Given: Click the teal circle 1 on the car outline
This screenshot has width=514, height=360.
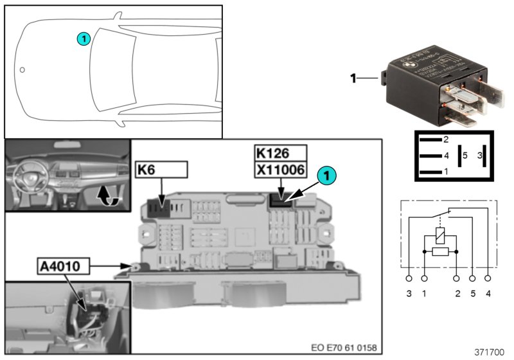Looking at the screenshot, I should pyautogui.click(x=83, y=39).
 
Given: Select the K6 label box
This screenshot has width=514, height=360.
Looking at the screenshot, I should pyautogui.click(x=161, y=169).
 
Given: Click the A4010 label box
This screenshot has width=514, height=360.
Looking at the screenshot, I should pyautogui.click(x=63, y=264).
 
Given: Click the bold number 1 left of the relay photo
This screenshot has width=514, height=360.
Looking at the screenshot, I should pyautogui.click(x=353, y=78).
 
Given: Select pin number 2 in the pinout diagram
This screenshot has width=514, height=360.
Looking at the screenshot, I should pyautogui.click(x=446, y=139).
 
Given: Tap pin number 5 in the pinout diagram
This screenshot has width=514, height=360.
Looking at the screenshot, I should pyautogui.click(x=465, y=155).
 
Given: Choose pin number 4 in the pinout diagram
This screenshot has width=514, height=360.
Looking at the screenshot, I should pyautogui.click(x=446, y=155).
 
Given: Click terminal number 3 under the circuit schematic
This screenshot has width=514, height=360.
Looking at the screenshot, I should pyautogui.click(x=409, y=293).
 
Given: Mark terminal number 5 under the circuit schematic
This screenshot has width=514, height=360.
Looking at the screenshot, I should pyautogui.click(x=473, y=293).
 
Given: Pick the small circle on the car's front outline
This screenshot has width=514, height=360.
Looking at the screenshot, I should pyautogui.click(x=22, y=69).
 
